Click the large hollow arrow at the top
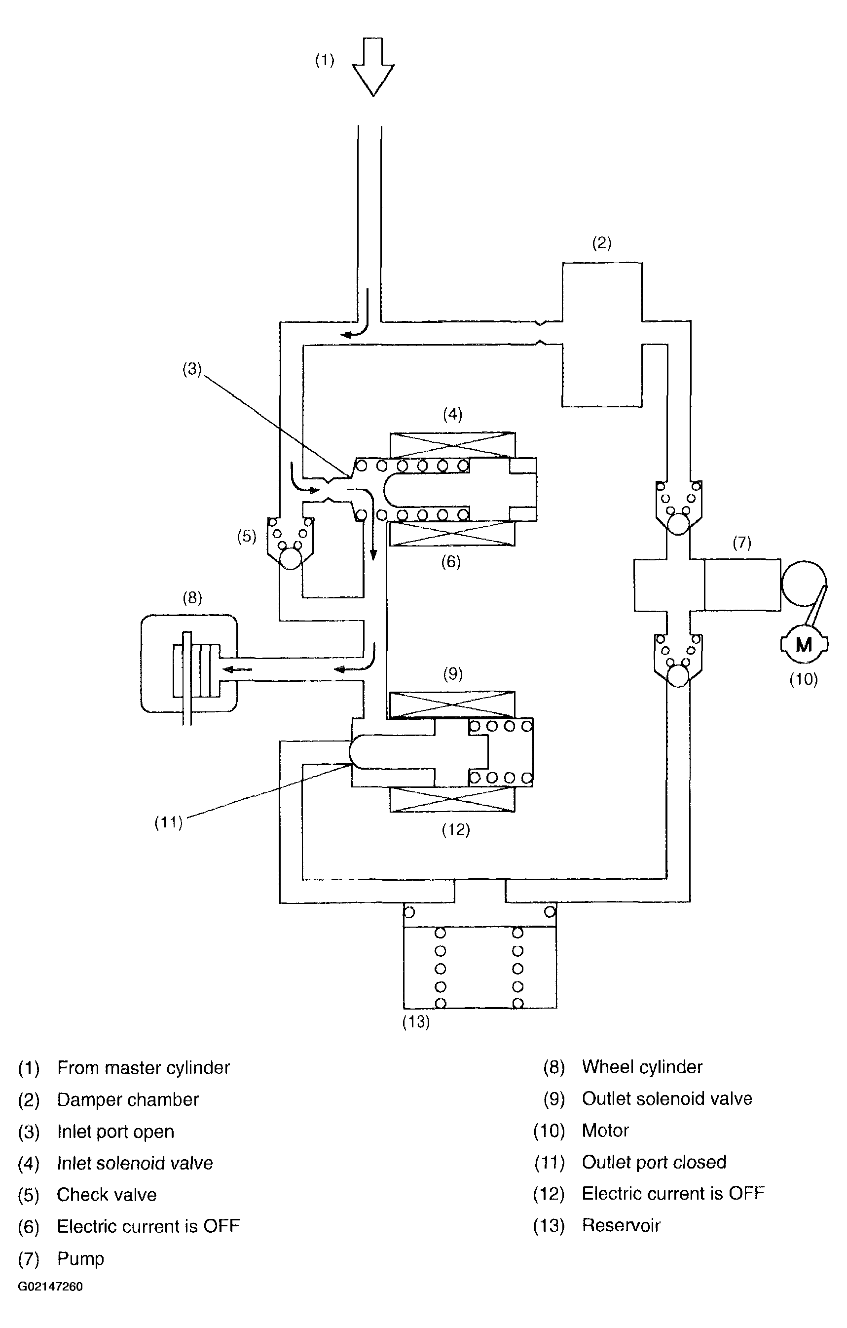[373, 67]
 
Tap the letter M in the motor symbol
[804, 644]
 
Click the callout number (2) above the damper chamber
[602, 243]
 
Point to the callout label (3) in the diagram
[192, 369]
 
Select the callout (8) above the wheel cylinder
[192, 598]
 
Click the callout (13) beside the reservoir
[416, 1022]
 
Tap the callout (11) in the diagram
[168, 822]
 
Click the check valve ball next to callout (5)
[291, 559]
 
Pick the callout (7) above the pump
[742, 543]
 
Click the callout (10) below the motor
[804, 679]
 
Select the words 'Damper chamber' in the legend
[128, 1100]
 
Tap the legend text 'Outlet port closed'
[654, 1162]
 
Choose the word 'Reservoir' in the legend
[621, 1225]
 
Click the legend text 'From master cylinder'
[143, 1068]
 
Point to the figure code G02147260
[51, 1286]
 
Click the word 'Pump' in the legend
[80, 1259]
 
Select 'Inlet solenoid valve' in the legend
[135, 1163]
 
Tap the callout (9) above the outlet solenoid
[453, 673]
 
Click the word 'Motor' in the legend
[605, 1131]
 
